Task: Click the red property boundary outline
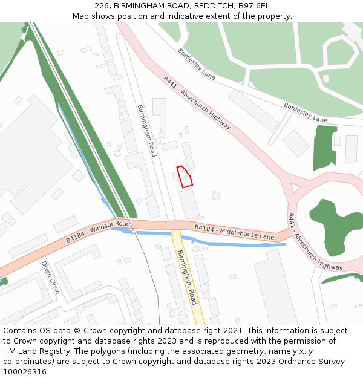point(185,176)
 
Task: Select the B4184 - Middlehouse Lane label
point(234,232)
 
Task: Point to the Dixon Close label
point(50,277)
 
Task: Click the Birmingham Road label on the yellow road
point(187,278)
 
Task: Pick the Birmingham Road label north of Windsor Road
point(146,131)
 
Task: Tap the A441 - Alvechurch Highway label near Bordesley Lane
point(197,102)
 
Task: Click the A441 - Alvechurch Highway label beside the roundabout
point(315,241)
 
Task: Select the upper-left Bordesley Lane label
point(197,64)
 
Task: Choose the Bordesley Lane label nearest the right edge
point(306,113)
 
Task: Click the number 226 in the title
point(102,6)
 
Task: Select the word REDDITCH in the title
point(212,6)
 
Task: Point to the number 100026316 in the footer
point(24,371)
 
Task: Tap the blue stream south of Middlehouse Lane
point(242,244)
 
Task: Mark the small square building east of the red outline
point(216,195)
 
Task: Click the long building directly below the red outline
point(189,204)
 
